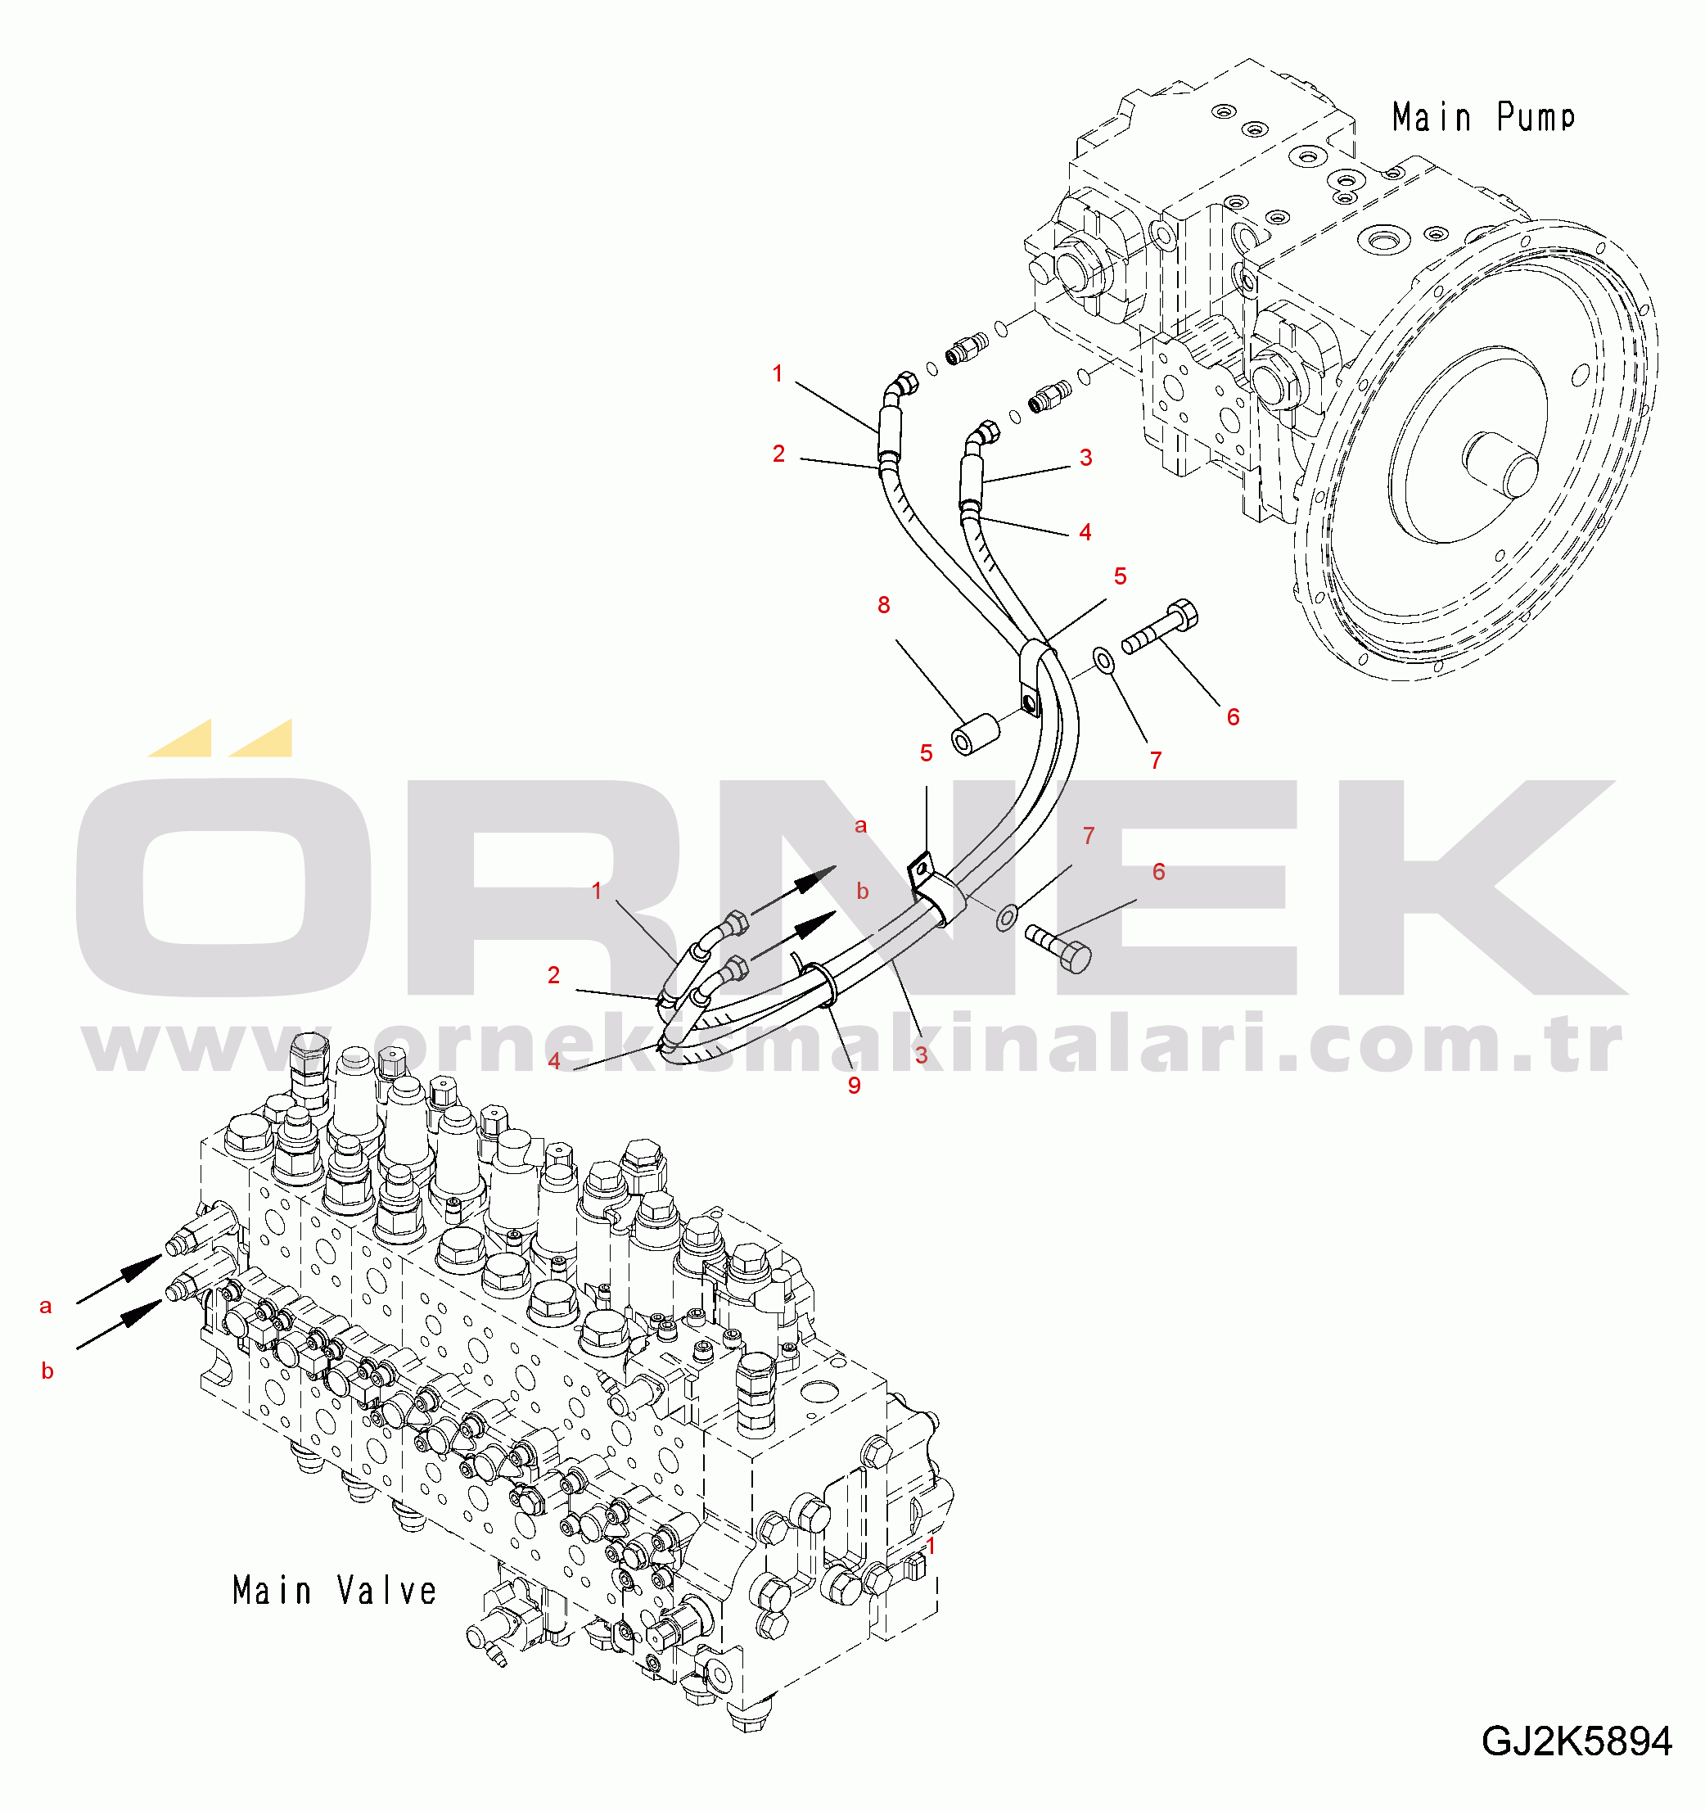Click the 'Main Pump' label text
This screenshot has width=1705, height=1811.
pos(1482,118)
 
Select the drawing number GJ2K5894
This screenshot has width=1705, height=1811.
pos(1576,1741)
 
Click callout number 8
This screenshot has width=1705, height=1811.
pos(883,605)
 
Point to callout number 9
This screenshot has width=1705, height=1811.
pos(855,1085)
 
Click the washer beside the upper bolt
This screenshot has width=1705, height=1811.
pos(1103,662)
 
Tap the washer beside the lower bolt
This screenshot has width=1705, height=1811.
pos(1005,916)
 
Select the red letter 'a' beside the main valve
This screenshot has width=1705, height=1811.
pos(46,1307)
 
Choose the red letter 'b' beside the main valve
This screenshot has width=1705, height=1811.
pos(47,1371)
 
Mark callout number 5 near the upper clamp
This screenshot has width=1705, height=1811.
pos(1121,576)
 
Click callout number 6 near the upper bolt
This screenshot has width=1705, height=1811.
pos(1234,717)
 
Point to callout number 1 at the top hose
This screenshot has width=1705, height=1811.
pos(778,373)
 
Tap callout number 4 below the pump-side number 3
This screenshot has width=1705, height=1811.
pos(1085,532)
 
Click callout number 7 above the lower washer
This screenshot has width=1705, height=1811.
pos(1089,835)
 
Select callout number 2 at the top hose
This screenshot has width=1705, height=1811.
pos(778,454)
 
